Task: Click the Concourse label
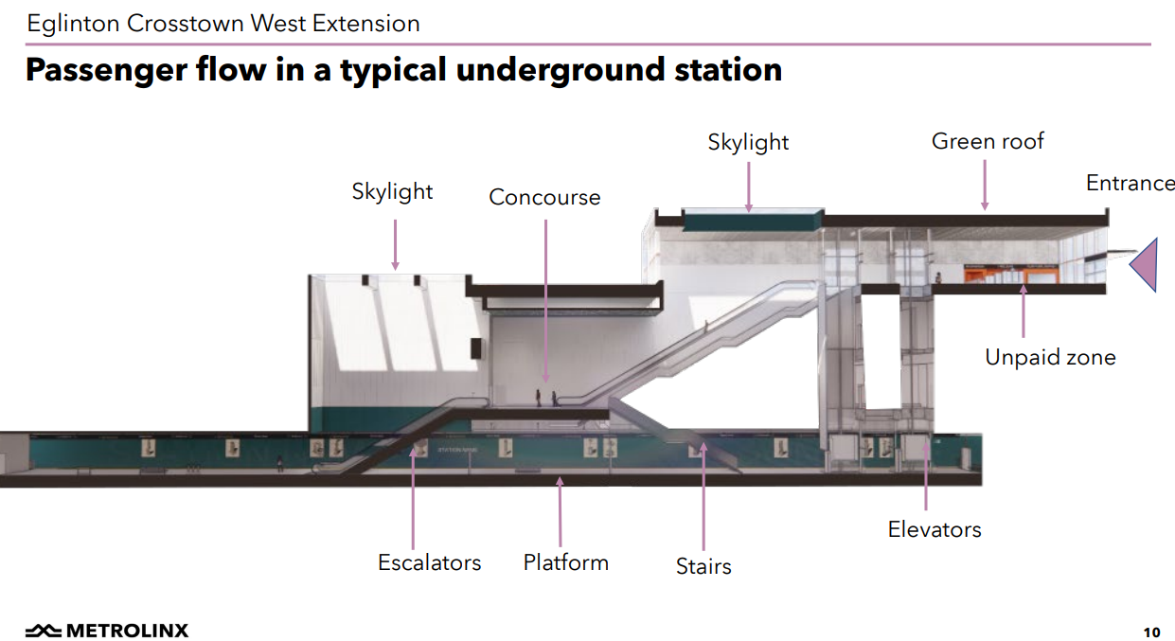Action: tap(544, 197)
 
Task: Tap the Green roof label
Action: tap(988, 141)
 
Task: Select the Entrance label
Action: tap(1130, 183)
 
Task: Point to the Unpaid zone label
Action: tap(1050, 357)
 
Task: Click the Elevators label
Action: tap(935, 529)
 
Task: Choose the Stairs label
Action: tap(703, 566)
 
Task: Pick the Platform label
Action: tap(565, 562)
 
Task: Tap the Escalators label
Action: tap(429, 562)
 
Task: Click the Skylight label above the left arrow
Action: tap(392, 191)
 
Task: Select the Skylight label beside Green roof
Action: tap(748, 142)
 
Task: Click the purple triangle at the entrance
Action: tap(1146, 263)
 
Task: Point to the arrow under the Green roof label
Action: tap(985, 186)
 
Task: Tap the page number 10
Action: tap(1151, 632)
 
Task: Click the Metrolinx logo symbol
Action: tap(44, 631)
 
